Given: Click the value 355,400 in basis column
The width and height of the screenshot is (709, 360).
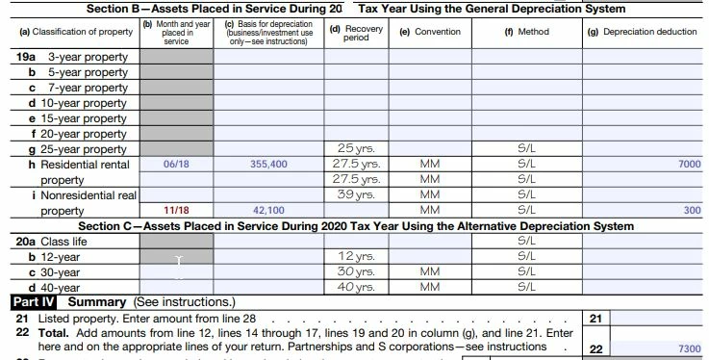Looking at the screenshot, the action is point(268,165).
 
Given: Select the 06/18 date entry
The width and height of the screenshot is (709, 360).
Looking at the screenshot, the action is point(176,165).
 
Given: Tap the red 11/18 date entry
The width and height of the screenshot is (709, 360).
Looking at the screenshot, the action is point(176,210).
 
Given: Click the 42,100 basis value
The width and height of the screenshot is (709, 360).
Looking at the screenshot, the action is point(268,210).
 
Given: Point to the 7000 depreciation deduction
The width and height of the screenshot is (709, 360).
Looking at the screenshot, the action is point(690,165).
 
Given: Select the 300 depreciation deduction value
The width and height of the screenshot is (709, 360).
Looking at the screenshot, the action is point(693,210).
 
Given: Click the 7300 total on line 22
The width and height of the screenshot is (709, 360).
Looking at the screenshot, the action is point(690,348).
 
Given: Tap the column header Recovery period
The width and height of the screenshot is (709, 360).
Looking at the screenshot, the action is point(356,33).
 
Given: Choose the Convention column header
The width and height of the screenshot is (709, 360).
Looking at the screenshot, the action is point(430,32).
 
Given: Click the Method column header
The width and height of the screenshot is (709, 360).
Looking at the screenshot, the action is point(527,32).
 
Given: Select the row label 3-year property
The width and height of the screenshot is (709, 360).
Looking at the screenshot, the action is point(89,57).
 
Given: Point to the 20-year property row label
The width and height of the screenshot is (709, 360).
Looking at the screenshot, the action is point(83,134).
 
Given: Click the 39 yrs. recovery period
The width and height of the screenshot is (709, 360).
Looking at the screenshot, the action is point(356,194).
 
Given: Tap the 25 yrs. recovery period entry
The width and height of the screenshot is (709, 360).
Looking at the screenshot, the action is point(356,148).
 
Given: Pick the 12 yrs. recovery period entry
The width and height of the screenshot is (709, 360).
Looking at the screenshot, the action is point(356,256).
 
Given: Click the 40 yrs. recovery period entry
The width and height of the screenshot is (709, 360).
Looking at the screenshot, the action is point(356,287).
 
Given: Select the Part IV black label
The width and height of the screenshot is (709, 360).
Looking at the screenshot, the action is point(34,302).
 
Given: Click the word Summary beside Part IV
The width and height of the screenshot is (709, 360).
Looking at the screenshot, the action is point(97,302).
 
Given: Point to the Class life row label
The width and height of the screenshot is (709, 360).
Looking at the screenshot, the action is point(63,242).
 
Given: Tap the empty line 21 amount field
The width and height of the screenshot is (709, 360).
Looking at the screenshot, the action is point(656,319).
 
